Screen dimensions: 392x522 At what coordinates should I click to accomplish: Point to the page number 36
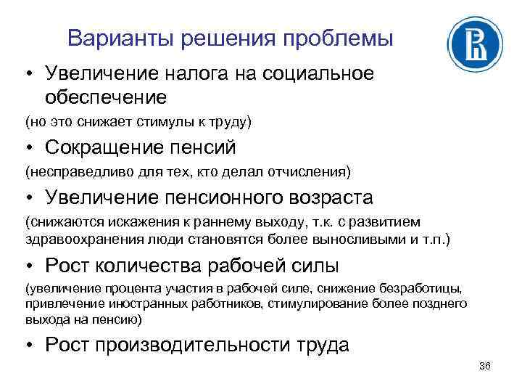485,365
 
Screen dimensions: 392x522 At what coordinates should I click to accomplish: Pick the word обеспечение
106,96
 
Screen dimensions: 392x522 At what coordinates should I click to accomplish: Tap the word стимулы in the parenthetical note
169,121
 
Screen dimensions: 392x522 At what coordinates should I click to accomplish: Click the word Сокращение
105,148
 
